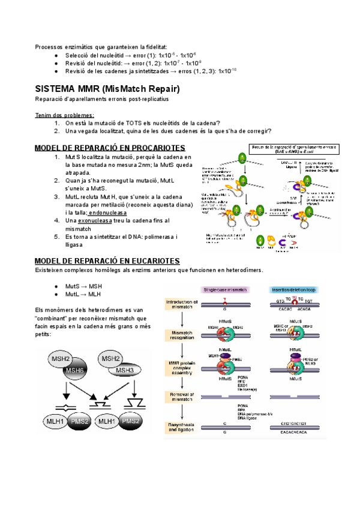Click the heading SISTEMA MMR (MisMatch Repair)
[x=107, y=89]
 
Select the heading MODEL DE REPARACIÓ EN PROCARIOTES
[x=110, y=148]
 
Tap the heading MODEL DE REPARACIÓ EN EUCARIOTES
[x=107, y=261]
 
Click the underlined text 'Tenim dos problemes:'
[x=65, y=115]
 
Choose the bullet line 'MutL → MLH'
[x=83, y=294]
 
